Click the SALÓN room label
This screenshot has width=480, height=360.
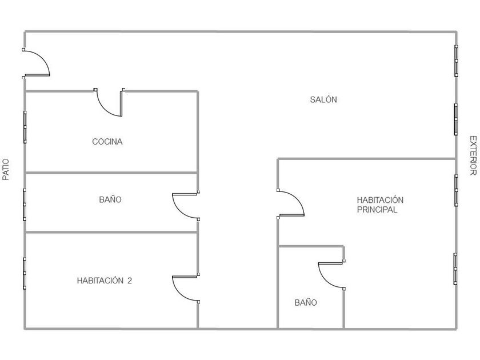[323, 99]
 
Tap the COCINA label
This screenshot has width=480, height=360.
[107, 142]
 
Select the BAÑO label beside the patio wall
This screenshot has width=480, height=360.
[110, 200]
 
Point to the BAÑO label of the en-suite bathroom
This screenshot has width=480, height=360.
[306, 303]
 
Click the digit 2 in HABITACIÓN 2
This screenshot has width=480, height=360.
[130, 281]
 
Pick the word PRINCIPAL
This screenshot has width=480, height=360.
[377, 210]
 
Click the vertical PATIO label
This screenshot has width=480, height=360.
[6, 170]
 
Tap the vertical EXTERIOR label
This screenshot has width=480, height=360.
[473, 155]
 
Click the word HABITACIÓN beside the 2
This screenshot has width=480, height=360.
[100, 281]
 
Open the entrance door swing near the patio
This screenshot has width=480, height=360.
[37, 63]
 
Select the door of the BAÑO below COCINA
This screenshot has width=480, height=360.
[185, 206]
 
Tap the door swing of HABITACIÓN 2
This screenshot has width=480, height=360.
[185, 289]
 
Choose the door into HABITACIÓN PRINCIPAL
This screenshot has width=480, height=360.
[290, 203]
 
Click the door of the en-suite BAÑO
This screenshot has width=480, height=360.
[331, 275]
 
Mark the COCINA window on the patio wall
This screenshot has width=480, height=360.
[25, 126]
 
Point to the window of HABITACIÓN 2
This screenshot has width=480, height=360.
[25, 274]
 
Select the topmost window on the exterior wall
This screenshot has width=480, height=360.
[456, 61]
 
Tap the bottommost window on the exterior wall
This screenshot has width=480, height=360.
[456, 268]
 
